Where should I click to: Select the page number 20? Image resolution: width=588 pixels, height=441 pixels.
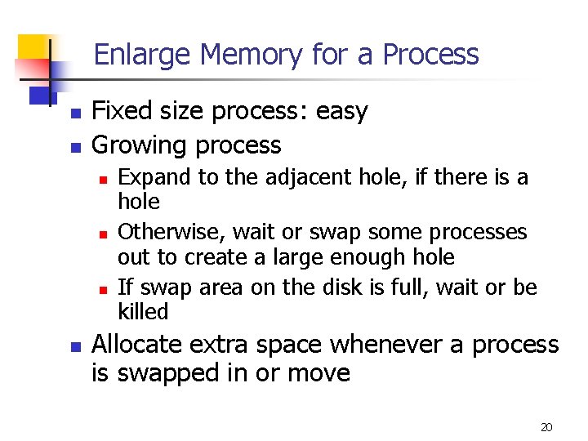pyautogui.click(x=547, y=427)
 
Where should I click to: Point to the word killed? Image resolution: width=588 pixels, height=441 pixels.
pyautogui.click(x=143, y=311)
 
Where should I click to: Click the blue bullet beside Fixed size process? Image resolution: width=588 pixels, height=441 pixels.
pyautogui.click(x=74, y=114)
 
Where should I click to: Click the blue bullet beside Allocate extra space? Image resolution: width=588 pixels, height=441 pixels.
pyautogui.click(x=74, y=347)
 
